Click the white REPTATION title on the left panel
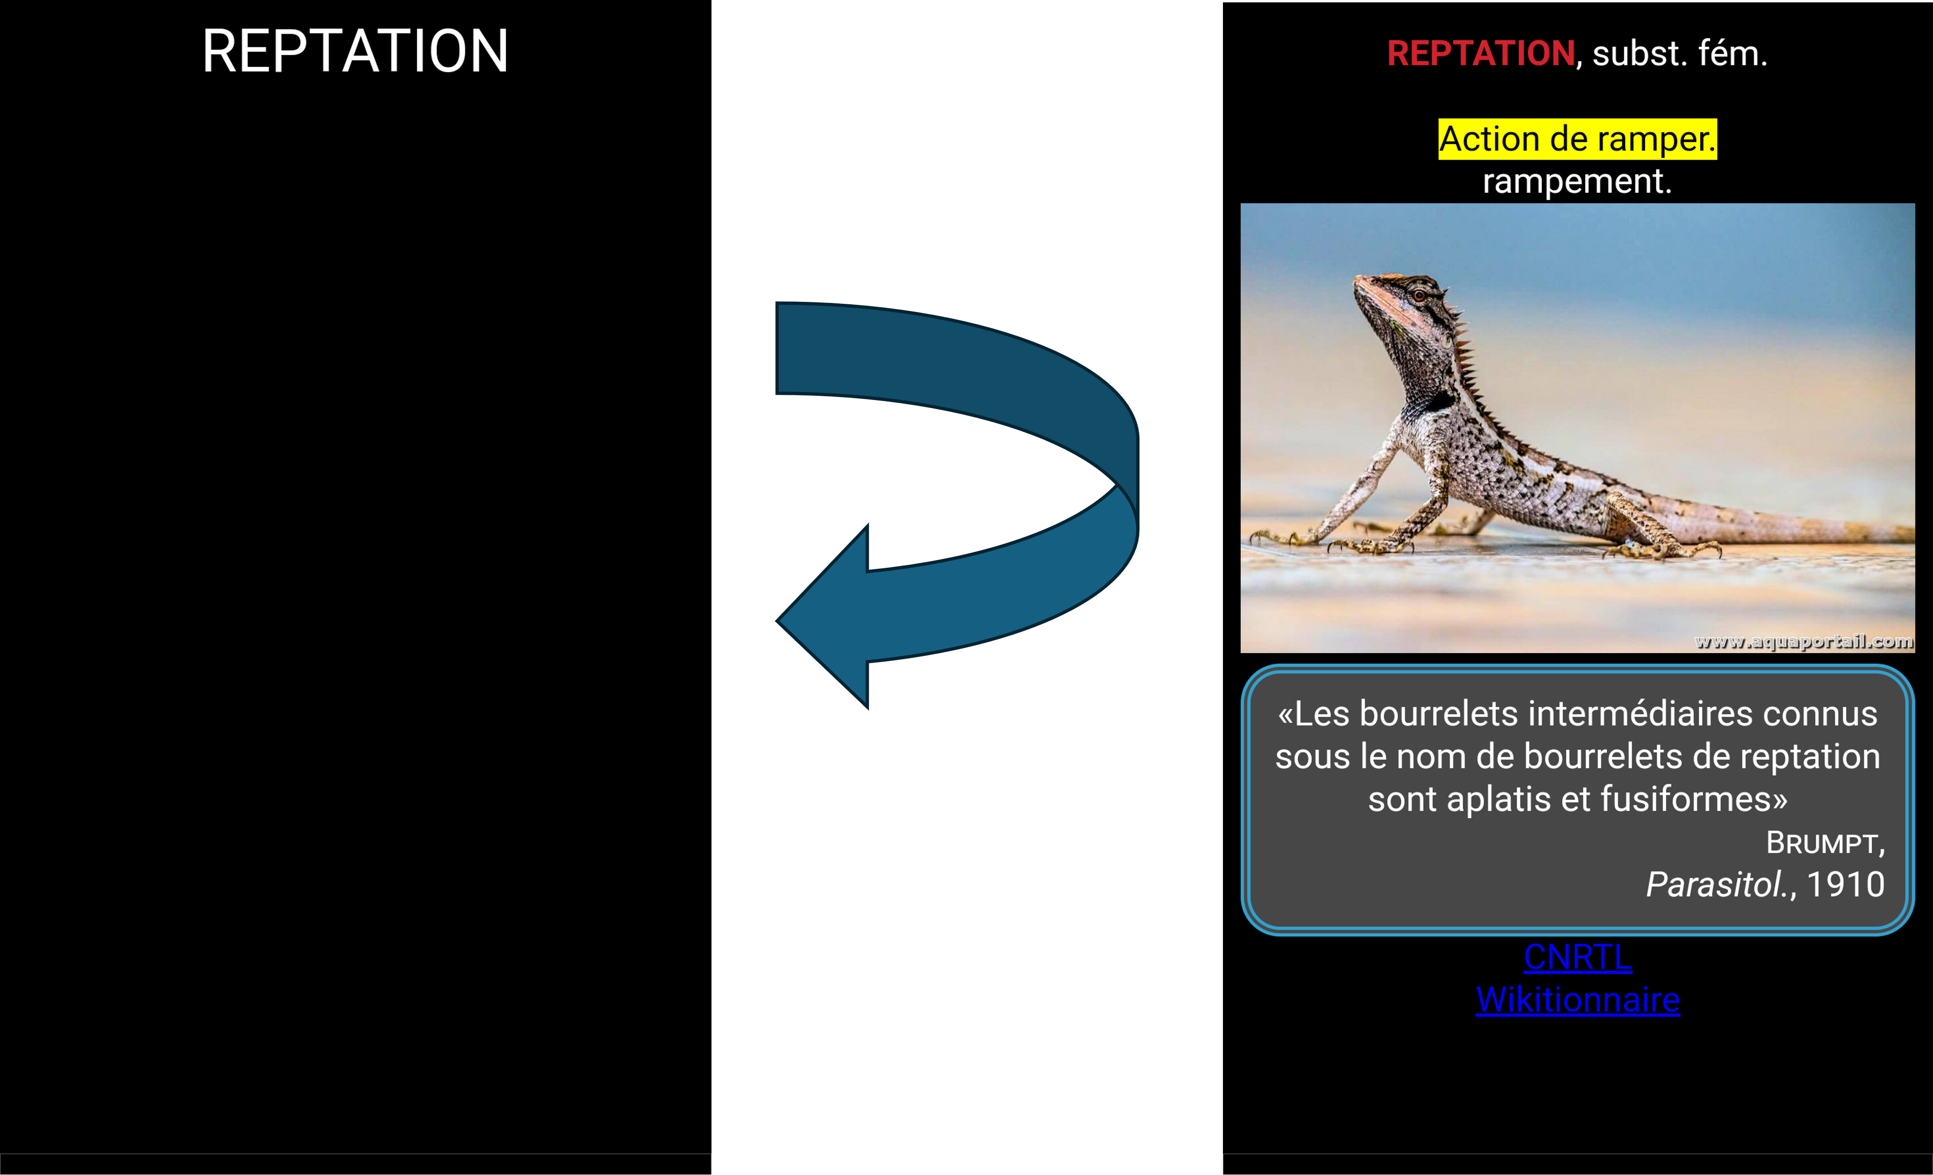coord(356,52)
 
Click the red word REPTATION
coord(1480,54)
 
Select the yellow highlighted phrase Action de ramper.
coord(1577,140)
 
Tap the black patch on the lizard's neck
coord(1440,401)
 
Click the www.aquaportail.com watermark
coord(1803,642)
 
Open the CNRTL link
coord(1577,957)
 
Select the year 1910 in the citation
coord(1845,885)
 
